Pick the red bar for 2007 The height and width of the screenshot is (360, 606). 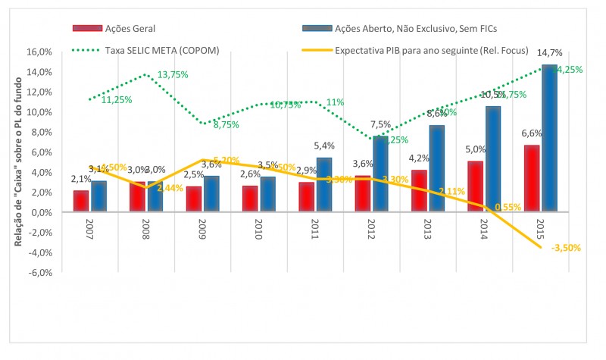tap(81, 201)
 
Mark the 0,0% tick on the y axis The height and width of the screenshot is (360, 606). tap(41, 212)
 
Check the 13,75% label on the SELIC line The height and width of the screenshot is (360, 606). tap(172, 75)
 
